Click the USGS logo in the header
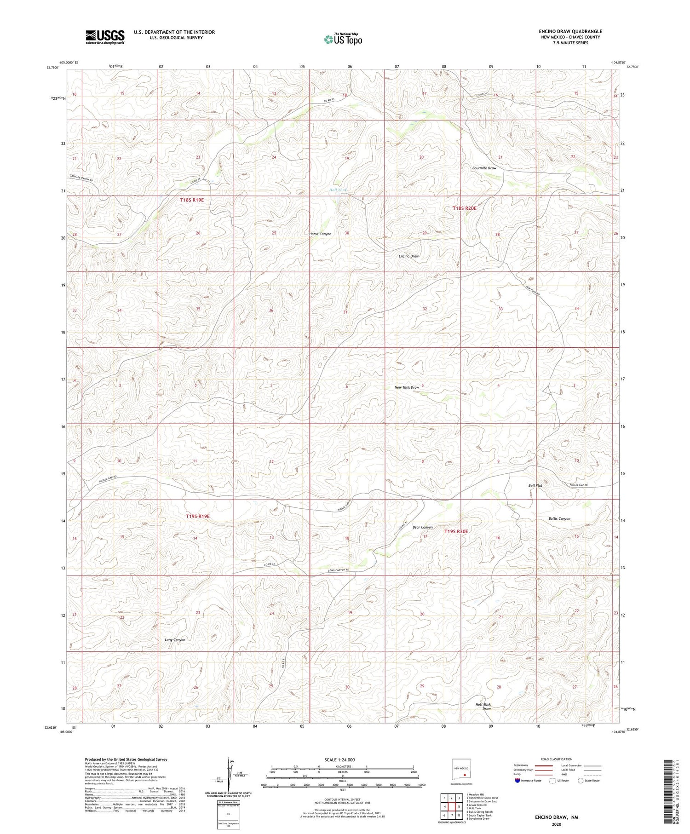(105, 37)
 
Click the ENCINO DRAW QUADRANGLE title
(570, 31)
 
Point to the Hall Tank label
(338, 190)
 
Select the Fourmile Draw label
(484, 168)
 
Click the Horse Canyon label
(321, 234)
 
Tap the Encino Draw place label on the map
(408, 256)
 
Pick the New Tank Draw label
(407, 387)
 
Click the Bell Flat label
(535, 485)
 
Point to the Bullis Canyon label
(559, 518)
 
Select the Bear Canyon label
(422, 527)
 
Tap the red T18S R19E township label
(191, 200)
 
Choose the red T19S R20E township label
(456, 531)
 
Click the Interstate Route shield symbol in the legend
(517, 781)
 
